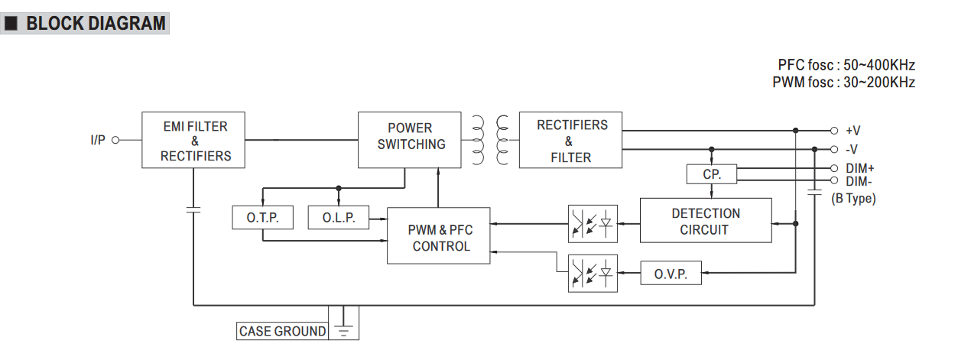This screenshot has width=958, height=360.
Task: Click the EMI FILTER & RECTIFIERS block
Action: [195, 141]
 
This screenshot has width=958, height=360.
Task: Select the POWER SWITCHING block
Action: [410, 140]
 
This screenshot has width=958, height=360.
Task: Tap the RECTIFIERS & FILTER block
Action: [570, 141]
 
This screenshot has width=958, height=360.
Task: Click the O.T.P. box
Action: [262, 218]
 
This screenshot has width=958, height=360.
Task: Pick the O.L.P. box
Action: [338, 218]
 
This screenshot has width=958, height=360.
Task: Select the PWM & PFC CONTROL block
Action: [439, 236]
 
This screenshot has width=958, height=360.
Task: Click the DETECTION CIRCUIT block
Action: [706, 221]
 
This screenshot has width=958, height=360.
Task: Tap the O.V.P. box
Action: [671, 274]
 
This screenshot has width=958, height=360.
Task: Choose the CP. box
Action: [711, 174]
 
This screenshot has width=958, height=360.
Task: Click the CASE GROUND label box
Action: [282, 331]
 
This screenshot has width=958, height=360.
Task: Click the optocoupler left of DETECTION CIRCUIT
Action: [593, 224]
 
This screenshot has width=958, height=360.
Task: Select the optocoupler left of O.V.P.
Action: [593, 273]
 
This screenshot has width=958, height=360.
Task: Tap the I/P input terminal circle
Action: [116, 140]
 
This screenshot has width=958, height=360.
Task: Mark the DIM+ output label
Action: [860, 168]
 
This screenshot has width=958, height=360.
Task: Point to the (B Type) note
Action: [853, 199]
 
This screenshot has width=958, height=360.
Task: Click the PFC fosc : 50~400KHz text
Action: [846, 65]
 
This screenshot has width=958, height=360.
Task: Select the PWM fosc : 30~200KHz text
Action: [843, 83]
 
